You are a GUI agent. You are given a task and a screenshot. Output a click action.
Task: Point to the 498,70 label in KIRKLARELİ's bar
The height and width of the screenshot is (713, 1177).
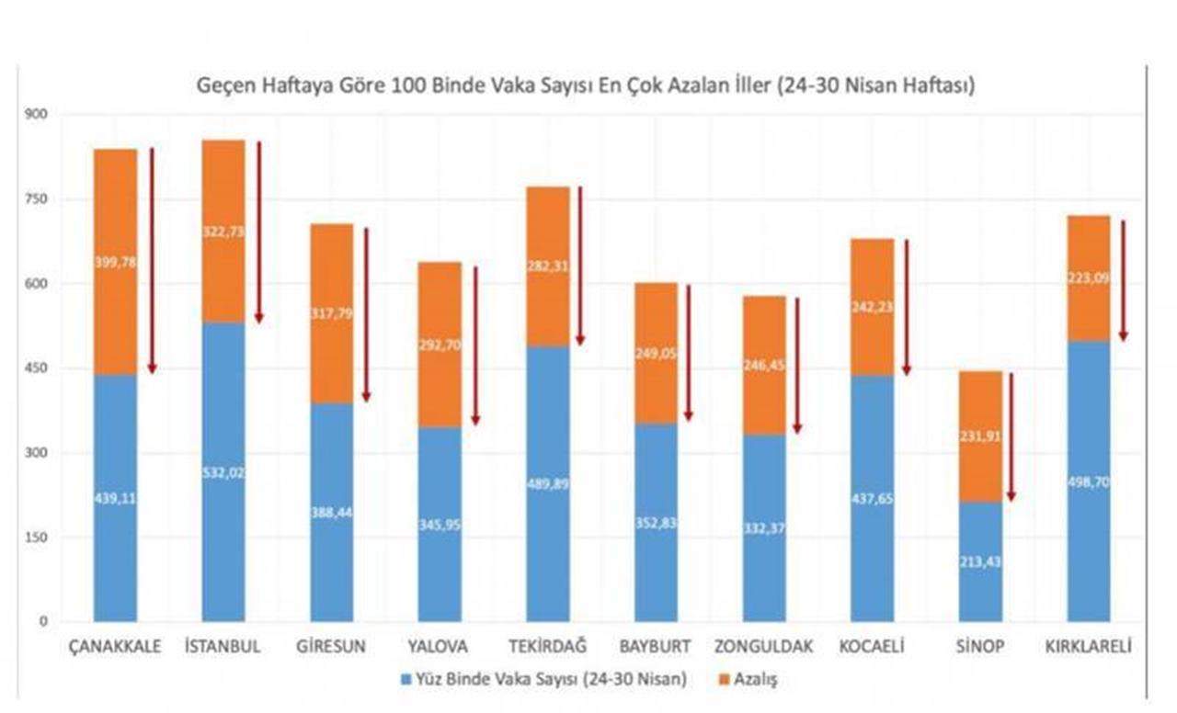tap(1089, 481)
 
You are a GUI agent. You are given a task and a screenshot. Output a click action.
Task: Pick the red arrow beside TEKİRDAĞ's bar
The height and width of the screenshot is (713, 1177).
tap(579, 266)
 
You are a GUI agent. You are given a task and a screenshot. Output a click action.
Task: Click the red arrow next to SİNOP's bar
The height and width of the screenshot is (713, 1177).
tap(1011, 437)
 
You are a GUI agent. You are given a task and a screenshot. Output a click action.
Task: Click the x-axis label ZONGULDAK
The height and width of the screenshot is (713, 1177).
tap(763, 646)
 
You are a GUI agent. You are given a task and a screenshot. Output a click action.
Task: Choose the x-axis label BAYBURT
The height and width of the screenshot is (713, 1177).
tap(656, 646)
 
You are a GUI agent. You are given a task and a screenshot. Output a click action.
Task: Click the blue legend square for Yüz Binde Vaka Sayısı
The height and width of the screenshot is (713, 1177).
tap(406, 681)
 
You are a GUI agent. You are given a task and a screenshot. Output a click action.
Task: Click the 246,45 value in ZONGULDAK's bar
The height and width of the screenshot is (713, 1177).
tap(764, 365)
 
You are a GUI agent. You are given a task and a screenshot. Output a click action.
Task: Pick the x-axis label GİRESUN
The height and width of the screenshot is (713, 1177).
tap(331, 646)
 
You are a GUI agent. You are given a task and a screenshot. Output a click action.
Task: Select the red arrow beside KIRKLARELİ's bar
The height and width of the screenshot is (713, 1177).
tap(1123, 281)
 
